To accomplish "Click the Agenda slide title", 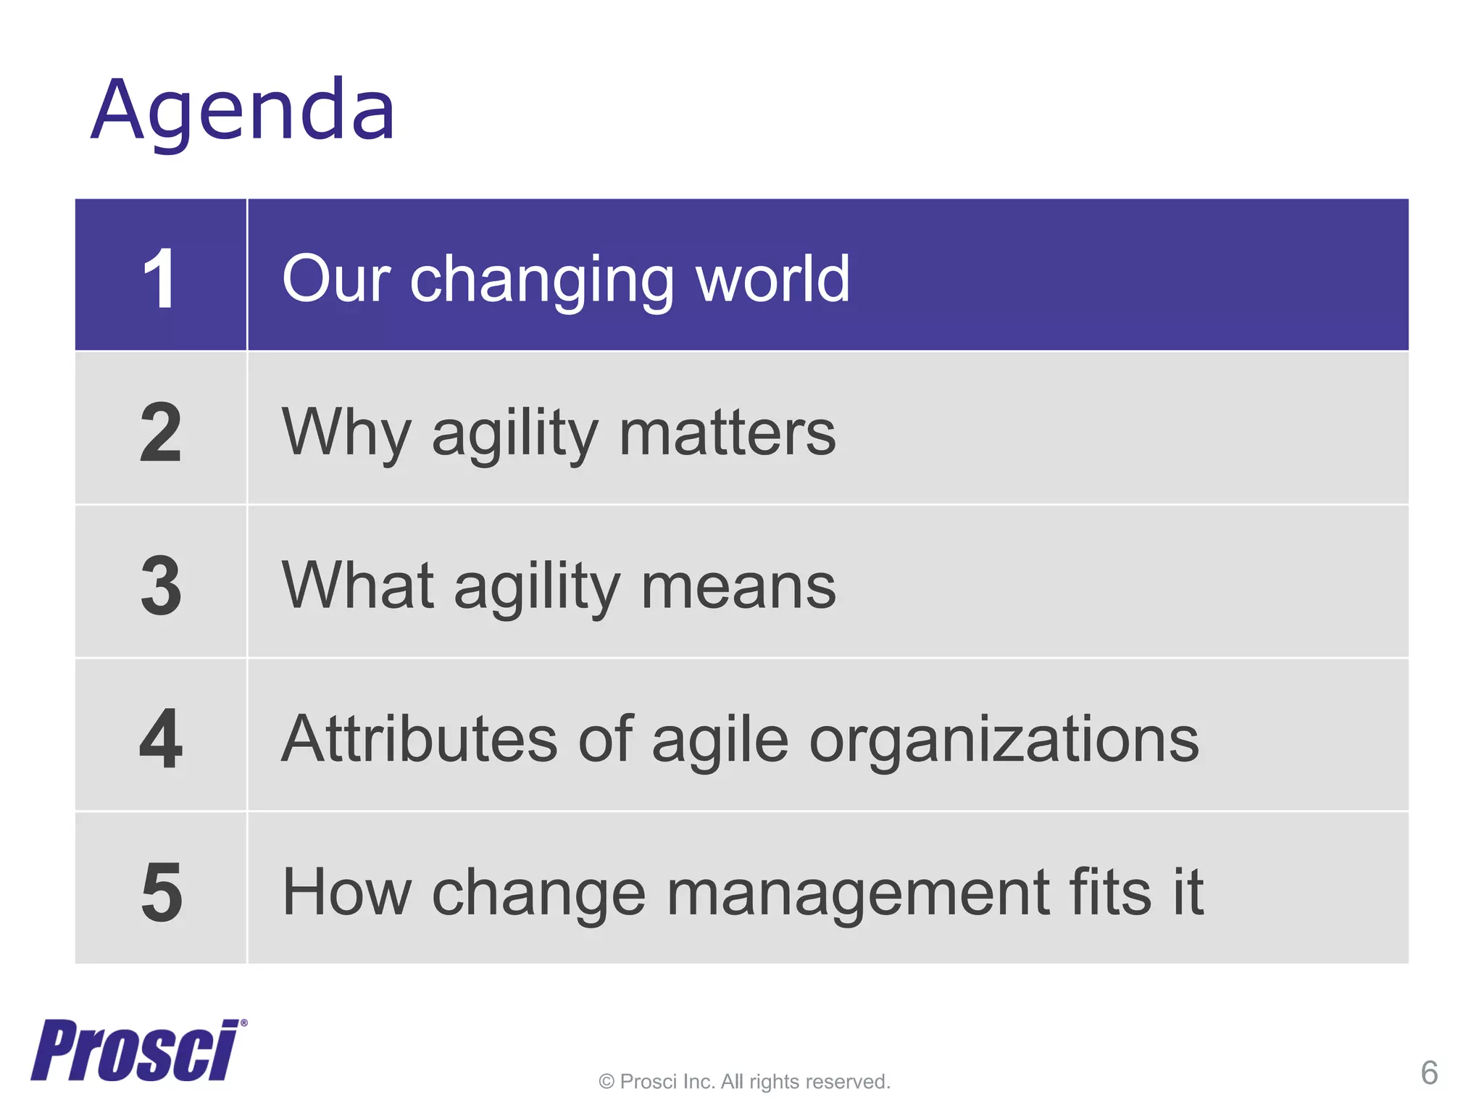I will pyautogui.click(x=243, y=111).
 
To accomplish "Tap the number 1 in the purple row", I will pyautogui.click(x=159, y=279).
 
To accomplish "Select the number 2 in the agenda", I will pyautogui.click(x=161, y=433).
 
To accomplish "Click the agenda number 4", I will pyautogui.click(x=161, y=739).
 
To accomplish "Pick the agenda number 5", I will pyautogui.click(x=161, y=893).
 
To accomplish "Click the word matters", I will pyautogui.click(x=728, y=433).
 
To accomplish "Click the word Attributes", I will pyautogui.click(x=420, y=739).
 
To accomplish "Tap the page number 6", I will pyautogui.click(x=1429, y=1073).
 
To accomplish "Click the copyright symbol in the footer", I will pyautogui.click(x=606, y=1083).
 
